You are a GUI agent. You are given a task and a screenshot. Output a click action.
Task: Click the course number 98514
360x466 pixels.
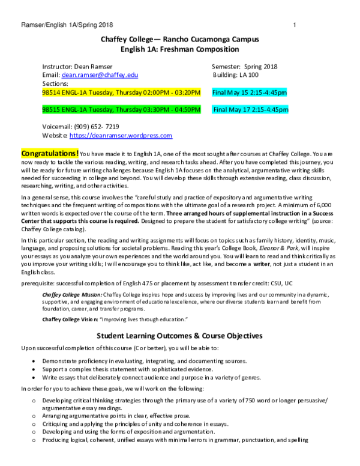click(x=51, y=92)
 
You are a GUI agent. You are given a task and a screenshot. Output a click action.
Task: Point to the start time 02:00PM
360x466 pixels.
click(x=155, y=92)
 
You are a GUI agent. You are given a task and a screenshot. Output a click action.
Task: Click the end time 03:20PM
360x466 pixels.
click(x=187, y=92)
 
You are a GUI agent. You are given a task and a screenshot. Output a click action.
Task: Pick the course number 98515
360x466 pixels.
click(x=51, y=110)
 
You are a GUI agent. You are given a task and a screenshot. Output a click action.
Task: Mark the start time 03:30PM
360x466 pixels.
click(x=155, y=110)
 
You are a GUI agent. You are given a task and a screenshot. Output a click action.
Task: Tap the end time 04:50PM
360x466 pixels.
click(x=188, y=110)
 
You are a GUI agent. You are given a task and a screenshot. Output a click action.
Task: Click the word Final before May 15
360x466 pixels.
click(x=219, y=92)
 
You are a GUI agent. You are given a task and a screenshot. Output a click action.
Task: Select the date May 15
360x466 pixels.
click(x=237, y=92)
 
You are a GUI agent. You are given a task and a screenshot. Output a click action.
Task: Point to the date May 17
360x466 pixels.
click(x=239, y=110)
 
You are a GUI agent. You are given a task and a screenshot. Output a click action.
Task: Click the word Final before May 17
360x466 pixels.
click(x=220, y=110)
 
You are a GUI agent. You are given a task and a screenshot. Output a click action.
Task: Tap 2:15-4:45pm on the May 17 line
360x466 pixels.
click(x=270, y=110)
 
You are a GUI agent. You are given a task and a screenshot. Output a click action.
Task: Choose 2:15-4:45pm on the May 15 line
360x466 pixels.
click(x=268, y=92)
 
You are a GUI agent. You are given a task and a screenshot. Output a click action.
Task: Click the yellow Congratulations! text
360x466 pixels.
click(x=50, y=154)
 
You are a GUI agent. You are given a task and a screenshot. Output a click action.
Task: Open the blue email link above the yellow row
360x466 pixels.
click(x=100, y=75)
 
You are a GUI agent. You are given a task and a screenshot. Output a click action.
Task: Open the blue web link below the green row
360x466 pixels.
click(x=121, y=136)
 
